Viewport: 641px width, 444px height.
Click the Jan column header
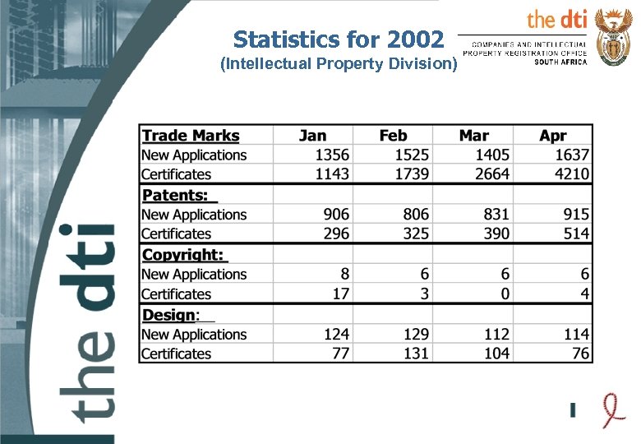[x=312, y=136]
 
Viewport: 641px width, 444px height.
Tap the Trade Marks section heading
[x=191, y=136]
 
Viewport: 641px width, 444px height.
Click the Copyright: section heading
[x=184, y=255]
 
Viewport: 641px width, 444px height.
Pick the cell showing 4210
[x=571, y=174]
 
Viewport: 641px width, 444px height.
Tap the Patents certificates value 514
[x=576, y=234]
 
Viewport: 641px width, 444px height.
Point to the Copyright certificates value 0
[x=505, y=294]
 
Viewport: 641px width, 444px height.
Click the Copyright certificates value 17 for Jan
[x=340, y=294]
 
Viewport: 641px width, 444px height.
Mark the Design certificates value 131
[x=416, y=354]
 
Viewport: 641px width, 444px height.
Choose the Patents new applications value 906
[x=335, y=214]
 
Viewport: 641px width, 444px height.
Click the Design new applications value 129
[x=416, y=334]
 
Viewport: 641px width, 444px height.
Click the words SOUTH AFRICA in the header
[x=560, y=62]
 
